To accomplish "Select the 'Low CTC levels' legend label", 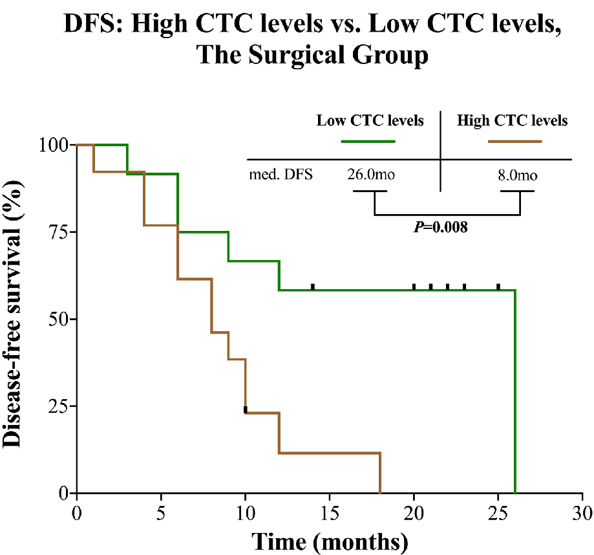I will tap(370, 120).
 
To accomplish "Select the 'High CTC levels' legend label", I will tap(512, 120).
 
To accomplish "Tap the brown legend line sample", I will tap(514, 140).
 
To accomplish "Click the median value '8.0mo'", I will tap(516, 175).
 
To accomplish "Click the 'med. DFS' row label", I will tap(282, 175).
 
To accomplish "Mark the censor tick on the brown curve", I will tap(246, 409).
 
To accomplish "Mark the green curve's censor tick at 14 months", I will tap(313, 287).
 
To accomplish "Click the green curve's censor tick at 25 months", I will tap(498, 287).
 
